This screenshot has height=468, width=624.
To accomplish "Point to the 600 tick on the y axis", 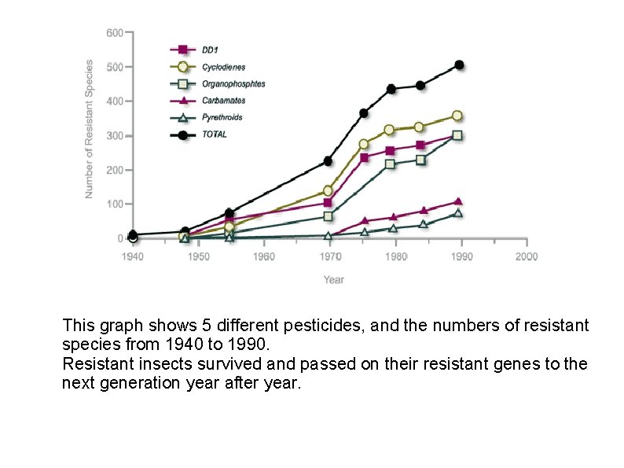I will pyautogui.click(x=114, y=33).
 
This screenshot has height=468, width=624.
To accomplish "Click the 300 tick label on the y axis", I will pyautogui.click(x=114, y=136).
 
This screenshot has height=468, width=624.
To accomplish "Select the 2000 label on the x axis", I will pyautogui.click(x=526, y=256).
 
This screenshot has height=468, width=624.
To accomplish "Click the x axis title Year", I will pyautogui.click(x=333, y=279).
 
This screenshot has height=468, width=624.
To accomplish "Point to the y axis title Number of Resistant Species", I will pyautogui.click(x=90, y=128).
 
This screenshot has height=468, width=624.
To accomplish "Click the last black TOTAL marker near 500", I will pyautogui.click(x=459, y=65).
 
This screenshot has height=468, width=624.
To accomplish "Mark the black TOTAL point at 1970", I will pyautogui.click(x=328, y=161).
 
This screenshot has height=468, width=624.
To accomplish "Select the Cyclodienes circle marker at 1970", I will pyautogui.click(x=328, y=191).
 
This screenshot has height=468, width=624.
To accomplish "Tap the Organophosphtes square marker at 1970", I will pyautogui.click(x=329, y=216).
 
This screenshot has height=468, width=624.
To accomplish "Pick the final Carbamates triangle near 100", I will pyautogui.click(x=458, y=202).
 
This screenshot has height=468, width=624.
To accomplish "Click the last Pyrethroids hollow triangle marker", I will pyautogui.click(x=458, y=214).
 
